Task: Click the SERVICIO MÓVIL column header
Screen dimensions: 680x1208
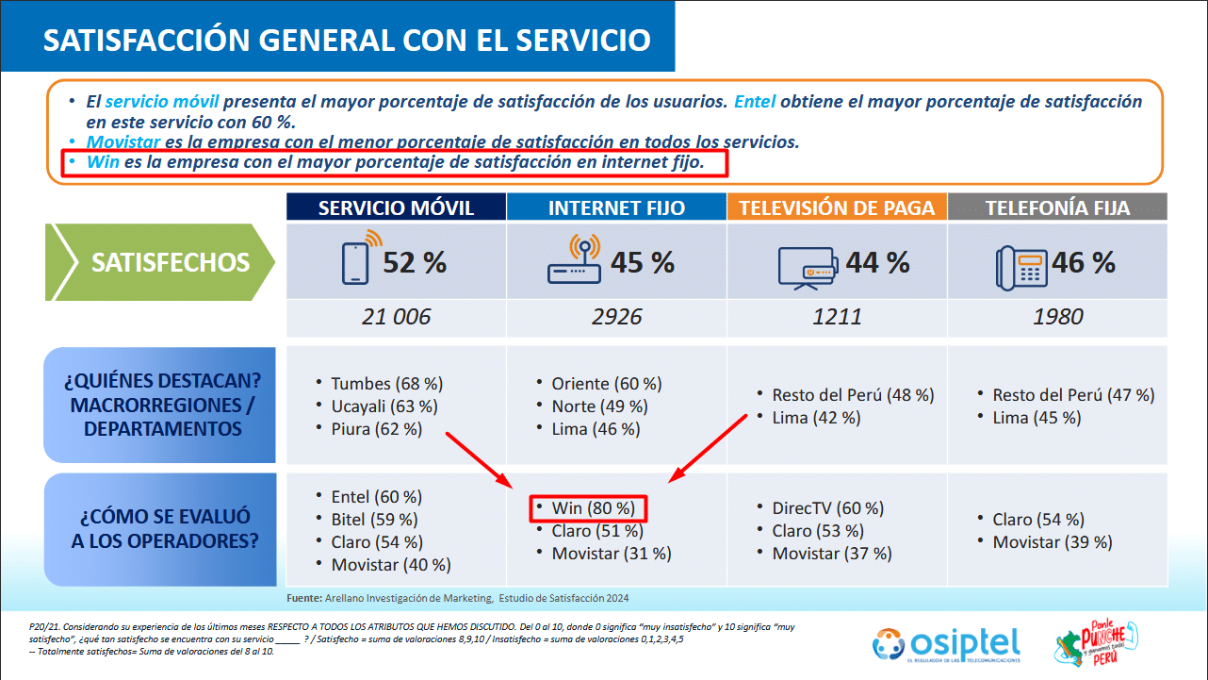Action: [x=396, y=208]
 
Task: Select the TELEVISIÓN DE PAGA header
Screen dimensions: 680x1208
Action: [x=836, y=208]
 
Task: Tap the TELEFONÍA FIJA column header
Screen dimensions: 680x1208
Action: [x=1057, y=208]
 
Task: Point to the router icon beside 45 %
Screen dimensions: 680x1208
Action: [x=574, y=263]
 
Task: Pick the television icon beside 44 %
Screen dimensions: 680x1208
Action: [x=806, y=265]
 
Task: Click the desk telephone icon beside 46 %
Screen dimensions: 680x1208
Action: [x=1020, y=265]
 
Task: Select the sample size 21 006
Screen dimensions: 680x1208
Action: [x=396, y=317]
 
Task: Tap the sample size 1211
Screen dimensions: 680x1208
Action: [x=837, y=317]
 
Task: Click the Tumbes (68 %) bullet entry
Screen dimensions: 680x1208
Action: [x=386, y=384]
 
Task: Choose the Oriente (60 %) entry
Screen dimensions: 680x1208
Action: [x=606, y=384]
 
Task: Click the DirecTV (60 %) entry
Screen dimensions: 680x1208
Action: [x=827, y=508]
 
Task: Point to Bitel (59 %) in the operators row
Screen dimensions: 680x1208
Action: [x=374, y=520]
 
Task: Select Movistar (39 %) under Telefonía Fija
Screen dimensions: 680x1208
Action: [x=1052, y=542]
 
